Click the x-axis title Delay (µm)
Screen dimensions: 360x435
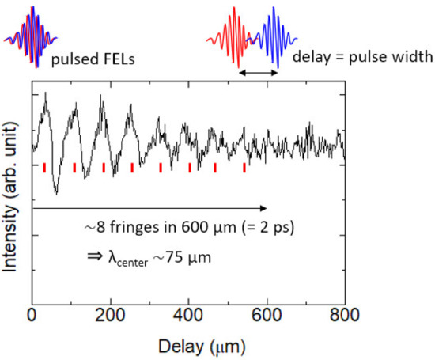188,346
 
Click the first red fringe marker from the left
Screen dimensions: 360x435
44,166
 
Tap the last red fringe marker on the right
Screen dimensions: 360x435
244,167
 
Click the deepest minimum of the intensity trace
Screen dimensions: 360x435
55,191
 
